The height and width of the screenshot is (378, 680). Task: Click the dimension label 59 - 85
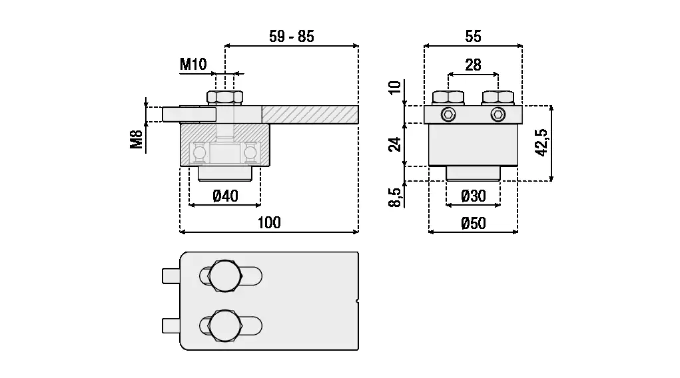291,37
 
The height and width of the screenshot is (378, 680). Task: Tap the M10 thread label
194,65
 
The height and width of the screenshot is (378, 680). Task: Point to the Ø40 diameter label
225,196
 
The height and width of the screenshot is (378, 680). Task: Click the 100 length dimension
269,222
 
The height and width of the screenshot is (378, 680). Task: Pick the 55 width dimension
473,37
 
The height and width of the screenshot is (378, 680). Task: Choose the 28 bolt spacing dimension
473,65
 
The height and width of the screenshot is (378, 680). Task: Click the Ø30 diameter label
473,196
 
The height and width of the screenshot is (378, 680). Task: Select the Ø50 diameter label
473,224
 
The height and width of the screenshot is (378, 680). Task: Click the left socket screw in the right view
449,114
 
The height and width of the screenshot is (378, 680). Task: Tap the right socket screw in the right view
498,114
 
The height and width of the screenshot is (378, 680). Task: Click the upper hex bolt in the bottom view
224,275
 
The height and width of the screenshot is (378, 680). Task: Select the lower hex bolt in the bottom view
224,325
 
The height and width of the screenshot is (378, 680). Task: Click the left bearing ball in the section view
198,154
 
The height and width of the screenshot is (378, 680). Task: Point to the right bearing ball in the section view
250,154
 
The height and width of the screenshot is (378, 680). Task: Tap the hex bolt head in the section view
225,97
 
